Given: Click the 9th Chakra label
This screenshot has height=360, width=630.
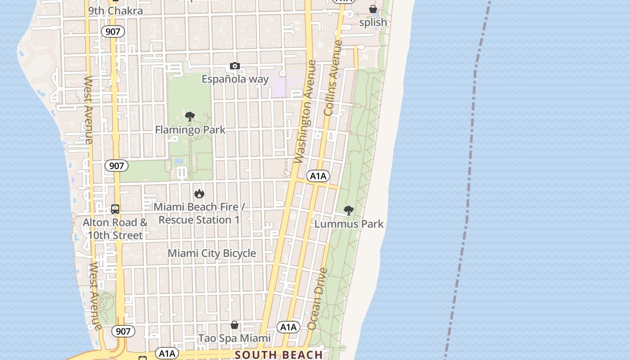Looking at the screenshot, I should tap(116, 11).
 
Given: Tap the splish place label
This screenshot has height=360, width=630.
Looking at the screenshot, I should tap(373, 22).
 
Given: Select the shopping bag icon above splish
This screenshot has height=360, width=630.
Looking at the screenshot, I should tap(373, 9).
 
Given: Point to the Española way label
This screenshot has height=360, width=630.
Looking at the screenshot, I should tap(235, 80).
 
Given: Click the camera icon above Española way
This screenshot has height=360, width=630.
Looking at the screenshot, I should tap(234, 66).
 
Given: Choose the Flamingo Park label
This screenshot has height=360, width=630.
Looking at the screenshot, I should tap(190, 130).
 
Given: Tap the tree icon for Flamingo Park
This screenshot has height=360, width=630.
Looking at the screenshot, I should tap(190, 117).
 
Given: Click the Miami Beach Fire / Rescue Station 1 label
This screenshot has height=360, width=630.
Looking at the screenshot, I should tap(199, 213).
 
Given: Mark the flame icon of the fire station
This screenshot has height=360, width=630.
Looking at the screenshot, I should tap(199, 194).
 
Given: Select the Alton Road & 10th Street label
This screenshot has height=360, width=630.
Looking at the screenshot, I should tap(115, 229).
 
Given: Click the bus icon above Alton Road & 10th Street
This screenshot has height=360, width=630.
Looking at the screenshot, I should tap(115, 209).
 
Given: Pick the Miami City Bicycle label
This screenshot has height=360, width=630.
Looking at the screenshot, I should tap(212, 253).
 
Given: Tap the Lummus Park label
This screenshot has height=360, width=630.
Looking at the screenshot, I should tap(349, 224).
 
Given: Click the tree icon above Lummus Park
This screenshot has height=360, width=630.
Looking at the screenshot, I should tap(348, 210).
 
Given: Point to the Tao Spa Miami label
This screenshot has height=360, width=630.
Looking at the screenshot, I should tap(234, 338).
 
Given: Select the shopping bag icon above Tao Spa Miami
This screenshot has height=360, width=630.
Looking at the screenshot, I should tap(234, 325).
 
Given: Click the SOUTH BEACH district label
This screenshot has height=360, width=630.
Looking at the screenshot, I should tap(279, 355).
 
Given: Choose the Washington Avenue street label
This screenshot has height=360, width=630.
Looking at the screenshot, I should tap(306, 112).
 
